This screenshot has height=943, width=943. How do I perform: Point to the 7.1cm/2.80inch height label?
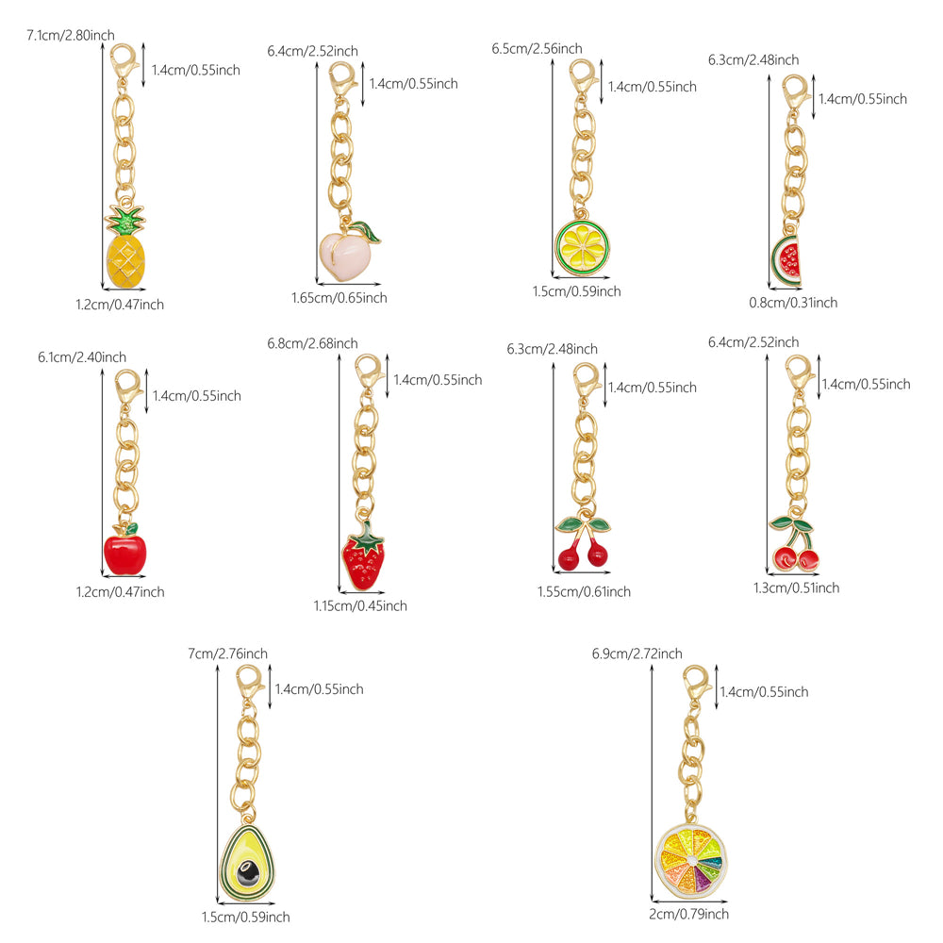pos(70,35)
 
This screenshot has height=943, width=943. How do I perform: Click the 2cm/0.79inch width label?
pos(689,914)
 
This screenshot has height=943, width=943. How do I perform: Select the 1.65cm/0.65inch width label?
pos(339,298)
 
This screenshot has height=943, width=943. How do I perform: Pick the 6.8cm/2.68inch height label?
pos(312,343)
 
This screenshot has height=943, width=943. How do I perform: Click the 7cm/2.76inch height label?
pos(227,653)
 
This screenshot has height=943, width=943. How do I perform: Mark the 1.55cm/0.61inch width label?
pos(584,591)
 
